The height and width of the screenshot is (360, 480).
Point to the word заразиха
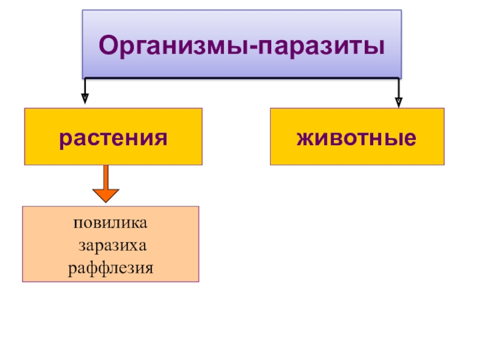click(x=112, y=245)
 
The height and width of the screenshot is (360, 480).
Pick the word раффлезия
click(x=110, y=266)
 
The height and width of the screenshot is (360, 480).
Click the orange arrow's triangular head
click(x=106, y=195)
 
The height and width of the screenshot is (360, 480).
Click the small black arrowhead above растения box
click(x=85, y=95)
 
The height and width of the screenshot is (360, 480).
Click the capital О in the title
click(x=108, y=45)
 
